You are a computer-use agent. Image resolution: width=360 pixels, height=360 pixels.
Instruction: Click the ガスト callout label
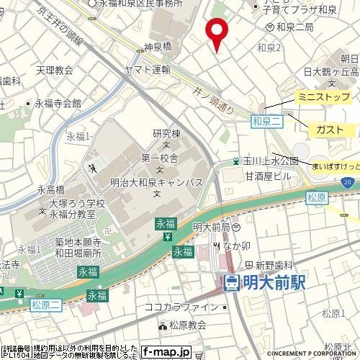[x=329, y=130]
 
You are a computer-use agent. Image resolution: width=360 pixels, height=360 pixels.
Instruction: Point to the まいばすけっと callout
[x=336, y=166]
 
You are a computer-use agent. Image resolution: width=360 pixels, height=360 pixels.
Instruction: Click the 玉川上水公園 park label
[x=269, y=161]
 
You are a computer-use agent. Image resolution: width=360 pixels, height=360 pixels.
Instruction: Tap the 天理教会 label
[x=55, y=70]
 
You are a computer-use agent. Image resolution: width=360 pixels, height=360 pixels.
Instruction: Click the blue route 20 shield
[x=348, y=184]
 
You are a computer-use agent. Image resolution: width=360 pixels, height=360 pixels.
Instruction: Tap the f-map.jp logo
[x=166, y=352]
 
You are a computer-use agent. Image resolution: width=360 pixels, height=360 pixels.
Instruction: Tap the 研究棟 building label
[x=165, y=134]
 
